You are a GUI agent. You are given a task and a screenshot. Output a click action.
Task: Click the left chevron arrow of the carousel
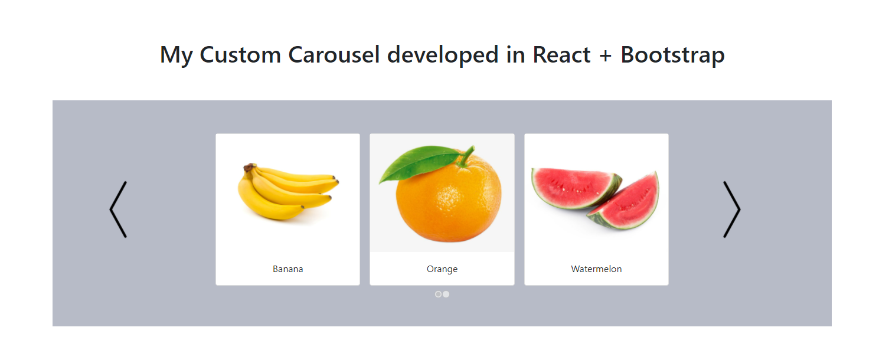118,210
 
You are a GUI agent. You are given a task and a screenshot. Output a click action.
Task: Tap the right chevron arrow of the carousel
731,210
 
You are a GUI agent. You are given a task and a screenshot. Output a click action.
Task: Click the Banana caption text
287,269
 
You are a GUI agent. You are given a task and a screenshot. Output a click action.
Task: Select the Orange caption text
442,269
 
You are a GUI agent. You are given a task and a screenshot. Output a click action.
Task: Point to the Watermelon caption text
596,269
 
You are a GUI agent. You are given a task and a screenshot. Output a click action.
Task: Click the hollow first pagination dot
438,294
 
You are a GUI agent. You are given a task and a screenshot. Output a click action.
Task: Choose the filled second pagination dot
446,294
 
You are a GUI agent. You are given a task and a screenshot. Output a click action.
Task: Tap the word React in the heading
561,55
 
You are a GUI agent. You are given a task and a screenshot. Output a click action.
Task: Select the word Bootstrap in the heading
672,55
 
